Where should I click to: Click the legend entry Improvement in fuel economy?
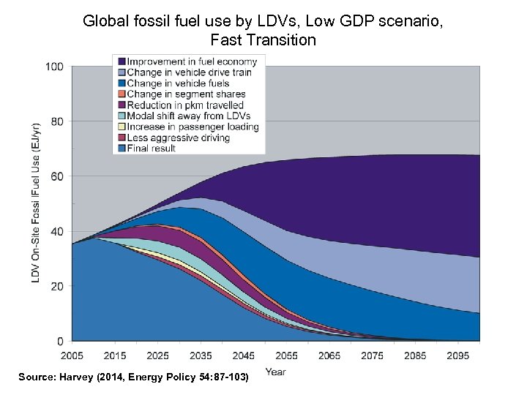click(x=192, y=61)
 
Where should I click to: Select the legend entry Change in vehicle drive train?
click(x=189, y=72)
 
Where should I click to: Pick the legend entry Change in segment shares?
click(x=186, y=94)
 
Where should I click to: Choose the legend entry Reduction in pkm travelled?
click(x=185, y=105)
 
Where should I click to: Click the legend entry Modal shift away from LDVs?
click(x=188, y=116)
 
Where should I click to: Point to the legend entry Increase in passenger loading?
click(x=193, y=127)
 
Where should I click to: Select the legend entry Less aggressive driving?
click(x=178, y=138)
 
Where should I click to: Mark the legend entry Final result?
click(x=152, y=148)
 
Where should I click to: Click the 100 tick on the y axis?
click(x=56, y=67)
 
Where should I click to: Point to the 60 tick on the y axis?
click(x=58, y=176)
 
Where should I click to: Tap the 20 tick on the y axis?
click(x=58, y=286)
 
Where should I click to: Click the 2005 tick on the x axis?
click(x=72, y=355)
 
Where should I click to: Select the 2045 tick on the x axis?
click(x=243, y=355)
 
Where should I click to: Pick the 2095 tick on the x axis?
click(x=458, y=355)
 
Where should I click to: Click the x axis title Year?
click(x=275, y=372)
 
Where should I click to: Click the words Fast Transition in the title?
click(x=263, y=39)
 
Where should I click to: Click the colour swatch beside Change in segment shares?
click(x=121, y=94)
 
